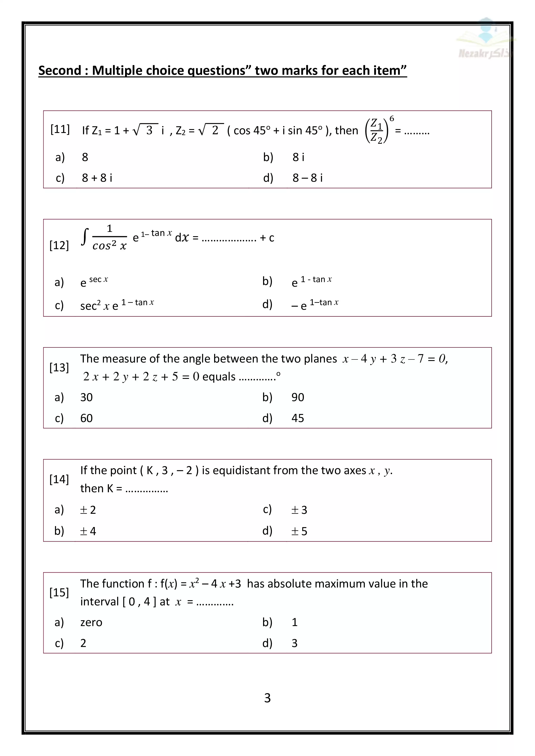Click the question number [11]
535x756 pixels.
point(60,129)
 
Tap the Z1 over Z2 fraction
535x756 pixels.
point(376,131)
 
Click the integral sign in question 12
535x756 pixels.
point(85,237)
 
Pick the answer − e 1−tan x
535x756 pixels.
point(315,305)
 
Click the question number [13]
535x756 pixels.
point(59,367)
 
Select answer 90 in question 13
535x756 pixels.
point(298,397)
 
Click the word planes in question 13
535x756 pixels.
point(320,359)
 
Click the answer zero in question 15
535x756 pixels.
point(91,622)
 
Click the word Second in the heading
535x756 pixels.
point(60,70)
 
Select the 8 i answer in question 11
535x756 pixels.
point(298,157)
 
